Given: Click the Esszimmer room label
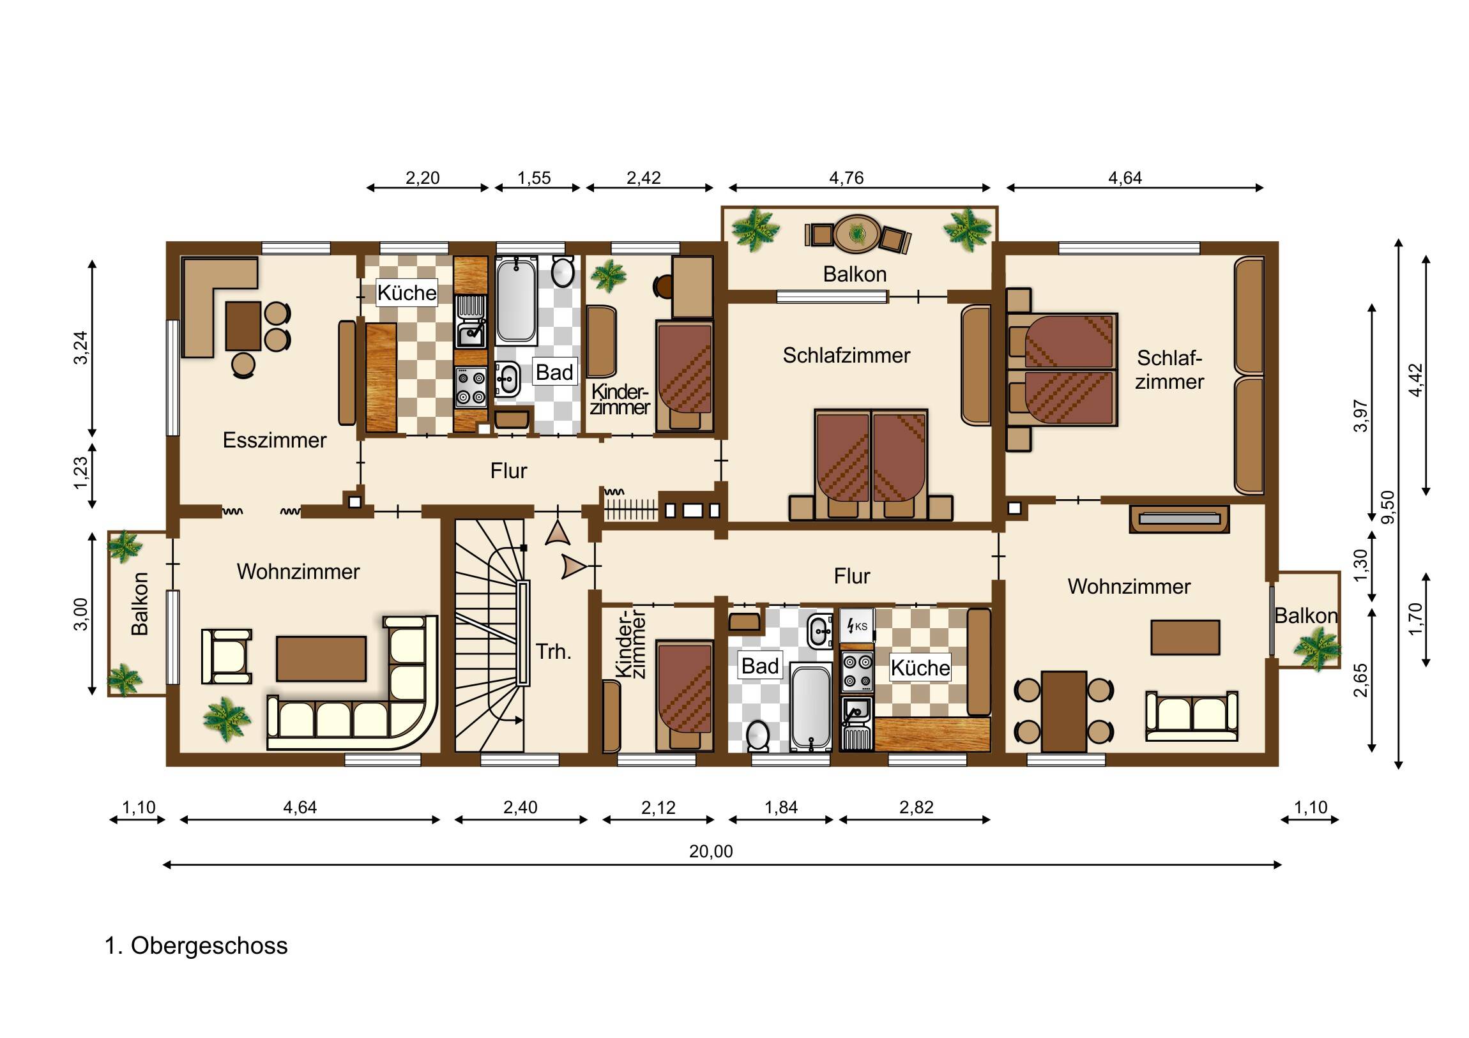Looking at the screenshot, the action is click(275, 440).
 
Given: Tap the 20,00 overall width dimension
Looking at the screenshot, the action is click(711, 851).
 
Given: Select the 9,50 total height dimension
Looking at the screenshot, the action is click(1388, 507).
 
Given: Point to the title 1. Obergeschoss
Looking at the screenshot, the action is click(197, 945).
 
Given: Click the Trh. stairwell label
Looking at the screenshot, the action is click(554, 652).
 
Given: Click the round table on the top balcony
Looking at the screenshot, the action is click(856, 234).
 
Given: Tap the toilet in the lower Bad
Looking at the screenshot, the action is click(758, 736).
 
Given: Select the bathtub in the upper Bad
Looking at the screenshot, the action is click(516, 300).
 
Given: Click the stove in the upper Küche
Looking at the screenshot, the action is click(470, 387).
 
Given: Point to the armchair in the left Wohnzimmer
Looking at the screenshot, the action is click(227, 656).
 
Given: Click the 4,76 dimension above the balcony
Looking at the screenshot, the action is click(846, 178).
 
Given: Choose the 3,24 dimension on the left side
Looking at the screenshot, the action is click(81, 348).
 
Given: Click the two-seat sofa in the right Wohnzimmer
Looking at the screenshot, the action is click(1191, 716).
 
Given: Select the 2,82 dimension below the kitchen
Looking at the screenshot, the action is click(916, 807).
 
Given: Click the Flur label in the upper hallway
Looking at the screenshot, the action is click(508, 470).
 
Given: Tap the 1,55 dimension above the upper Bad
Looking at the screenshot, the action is click(534, 178).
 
